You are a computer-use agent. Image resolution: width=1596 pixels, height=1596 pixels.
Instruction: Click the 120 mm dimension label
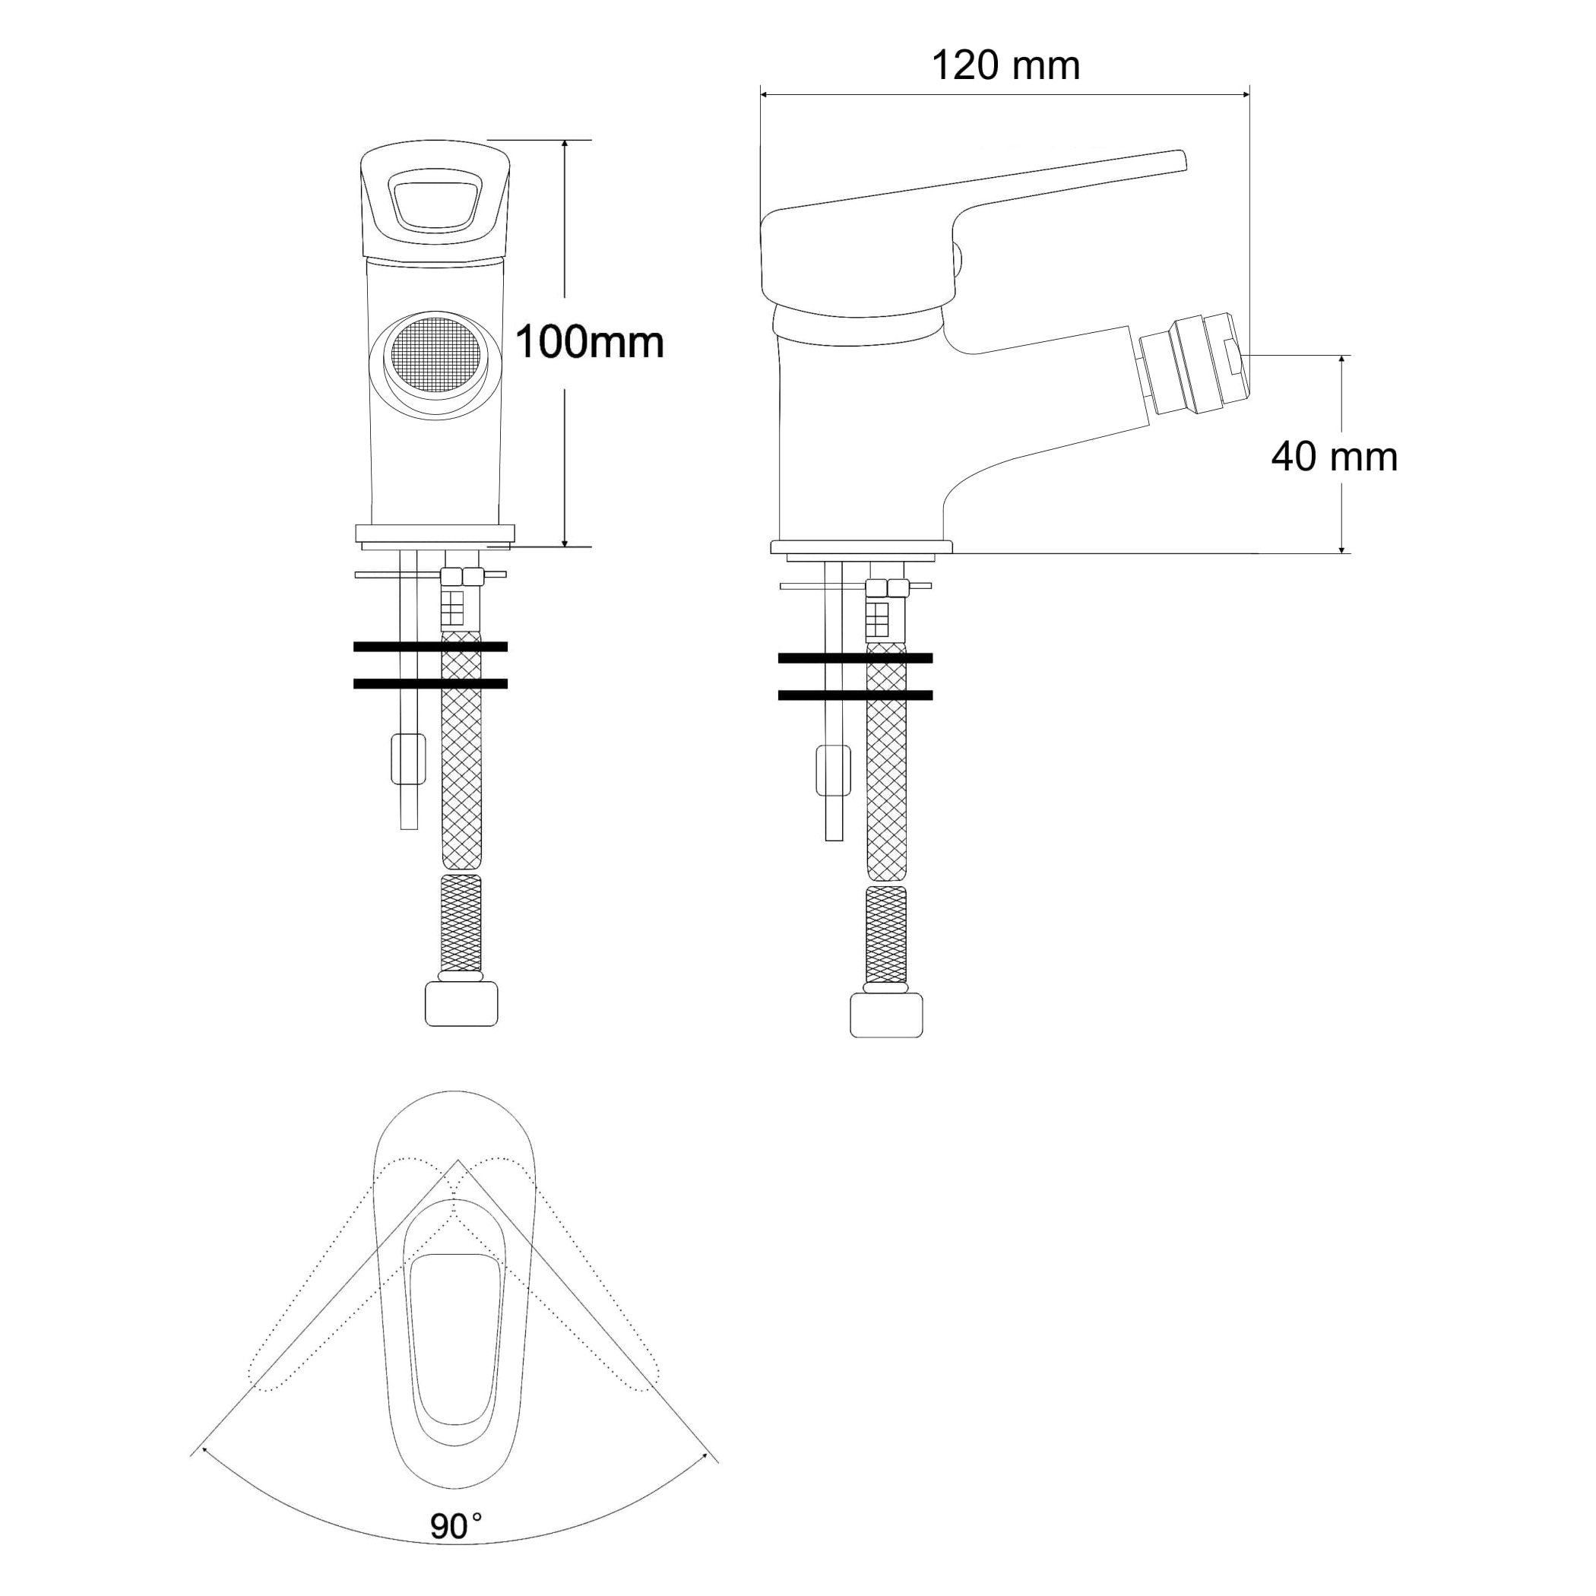pos(1005,65)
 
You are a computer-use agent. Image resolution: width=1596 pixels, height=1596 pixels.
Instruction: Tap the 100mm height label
pos(589,342)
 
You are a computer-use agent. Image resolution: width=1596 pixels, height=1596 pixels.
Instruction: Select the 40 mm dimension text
pos(1334,457)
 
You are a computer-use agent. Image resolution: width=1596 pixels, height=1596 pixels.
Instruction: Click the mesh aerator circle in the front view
pos(435,355)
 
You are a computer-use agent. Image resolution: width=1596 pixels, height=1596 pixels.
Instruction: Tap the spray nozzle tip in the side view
pos(1194,363)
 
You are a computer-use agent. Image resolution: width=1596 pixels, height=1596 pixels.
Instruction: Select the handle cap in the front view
pos(435,202)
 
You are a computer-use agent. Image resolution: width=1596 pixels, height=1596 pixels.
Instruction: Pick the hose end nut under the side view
pos(886,1015)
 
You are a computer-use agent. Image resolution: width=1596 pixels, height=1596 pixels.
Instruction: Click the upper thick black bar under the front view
pos(430,647)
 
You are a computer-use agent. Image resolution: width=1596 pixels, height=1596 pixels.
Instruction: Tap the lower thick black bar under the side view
pos(856,695)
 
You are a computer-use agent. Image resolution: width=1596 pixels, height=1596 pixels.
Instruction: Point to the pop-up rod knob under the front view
pos(408,759)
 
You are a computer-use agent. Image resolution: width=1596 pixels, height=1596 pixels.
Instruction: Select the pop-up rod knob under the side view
pos(834,771)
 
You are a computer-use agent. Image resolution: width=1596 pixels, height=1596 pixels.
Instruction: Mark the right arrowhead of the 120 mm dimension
pos(1245,95)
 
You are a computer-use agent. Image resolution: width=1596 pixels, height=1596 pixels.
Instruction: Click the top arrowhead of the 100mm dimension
pos(565,145)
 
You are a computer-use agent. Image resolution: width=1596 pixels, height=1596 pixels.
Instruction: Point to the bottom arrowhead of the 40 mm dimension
pos(1341,548)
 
